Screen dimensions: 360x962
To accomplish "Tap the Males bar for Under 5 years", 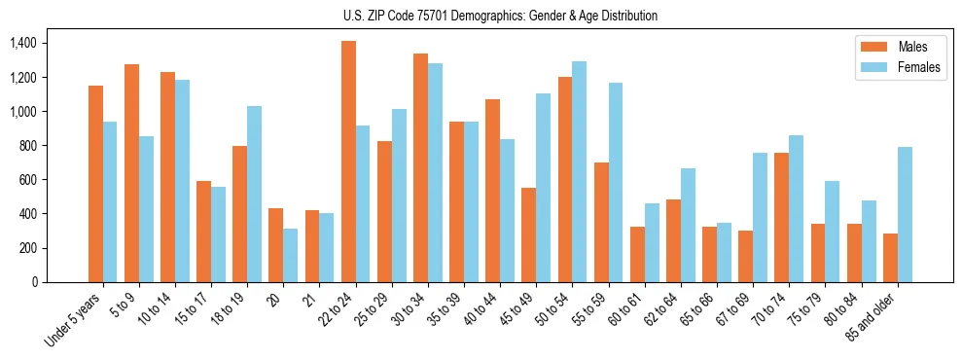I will pos(95,184).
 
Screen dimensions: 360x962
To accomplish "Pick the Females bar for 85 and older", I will pos(905,214).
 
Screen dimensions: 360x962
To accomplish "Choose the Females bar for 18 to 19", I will pos(254,194).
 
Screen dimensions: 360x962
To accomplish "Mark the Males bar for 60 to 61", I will pos(637,254).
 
